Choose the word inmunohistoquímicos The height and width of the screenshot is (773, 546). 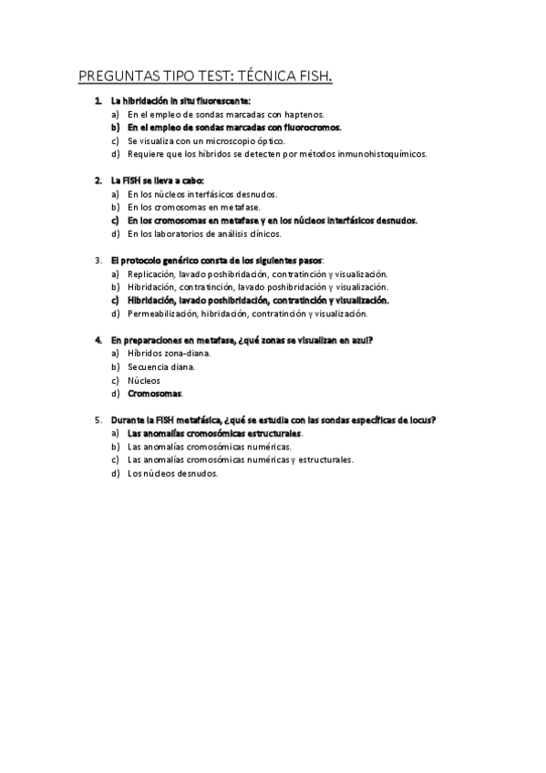pyautogui.click(x=383, y=154)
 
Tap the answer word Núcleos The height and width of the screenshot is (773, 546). pyautogui.click(x=144, y=380)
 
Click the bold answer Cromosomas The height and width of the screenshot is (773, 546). pyautogui.click(x=154, y=394)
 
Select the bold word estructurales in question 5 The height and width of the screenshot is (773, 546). pyautogui.click(x=270, y=434)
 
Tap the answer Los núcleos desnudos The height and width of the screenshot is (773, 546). pyautogui.click(x=173, y=474)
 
